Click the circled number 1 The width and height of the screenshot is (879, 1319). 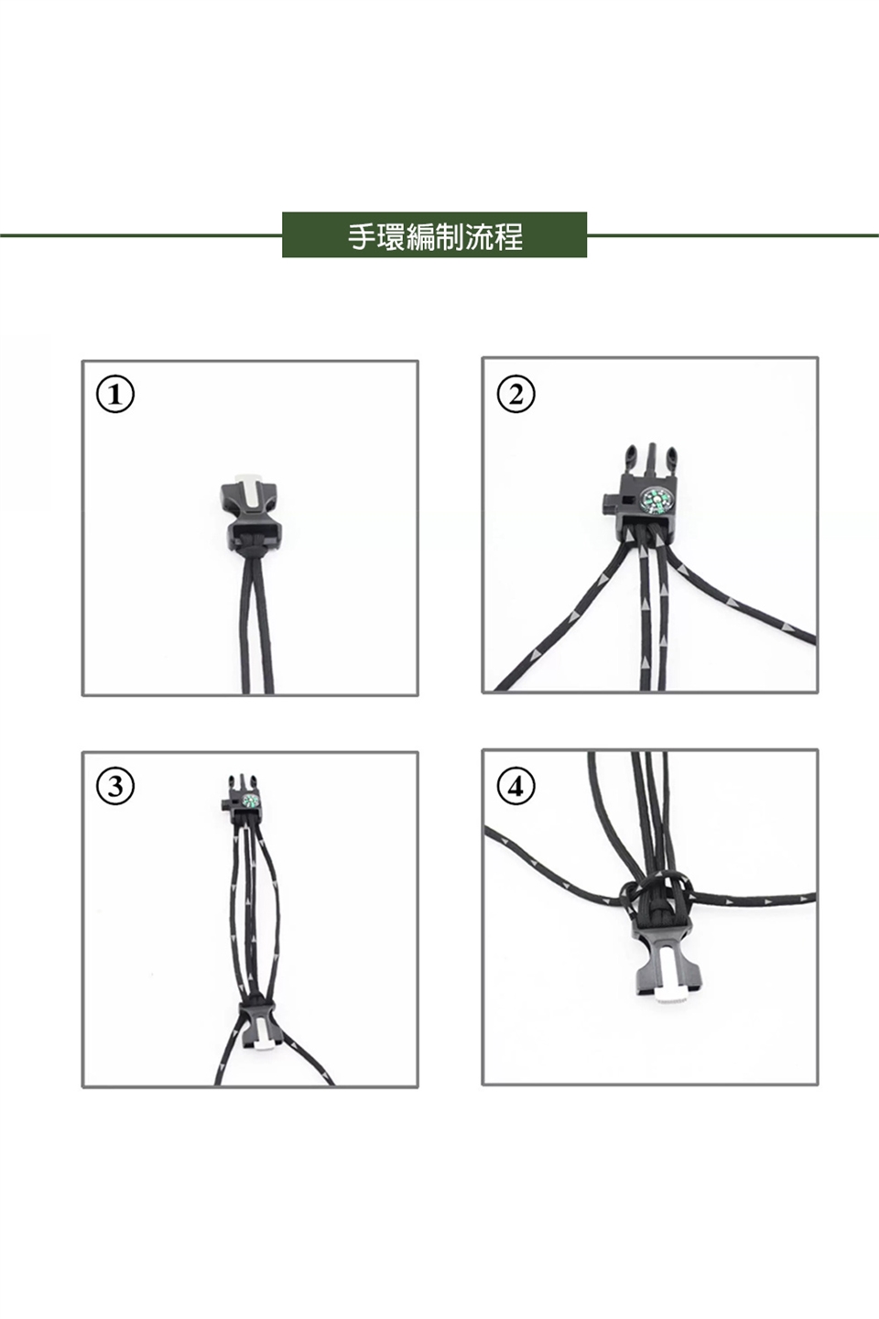pos(115,396)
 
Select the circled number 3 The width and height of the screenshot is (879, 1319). pos(115,787)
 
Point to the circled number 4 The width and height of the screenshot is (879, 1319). pos(515,786)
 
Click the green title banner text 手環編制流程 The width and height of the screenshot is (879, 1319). pos(435,236)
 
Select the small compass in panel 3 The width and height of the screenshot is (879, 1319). pos(250,801)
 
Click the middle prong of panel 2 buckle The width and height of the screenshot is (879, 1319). pos(651,458)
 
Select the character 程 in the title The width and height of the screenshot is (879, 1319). pos(509,236)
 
